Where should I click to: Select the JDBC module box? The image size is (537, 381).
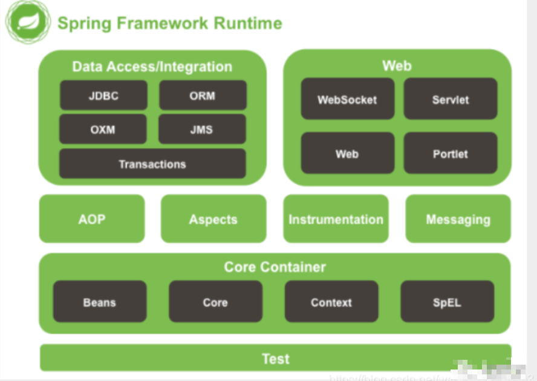(x=103, y=96)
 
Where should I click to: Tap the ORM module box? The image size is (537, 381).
(x=203, y=96)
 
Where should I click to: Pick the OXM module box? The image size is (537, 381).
(x=103, y=130)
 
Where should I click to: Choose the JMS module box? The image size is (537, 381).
(x=202, y=130)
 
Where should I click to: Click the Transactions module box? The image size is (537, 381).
(x=152, y=164)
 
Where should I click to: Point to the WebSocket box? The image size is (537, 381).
(x=347, y=99)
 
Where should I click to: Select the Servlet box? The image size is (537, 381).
(x=451, y=99)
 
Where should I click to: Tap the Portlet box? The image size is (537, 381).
(x=451, y=154)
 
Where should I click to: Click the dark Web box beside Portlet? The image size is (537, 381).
(x=347, y=154)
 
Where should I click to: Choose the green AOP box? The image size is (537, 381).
(x=92, y=219)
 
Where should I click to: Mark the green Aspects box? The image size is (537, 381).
(x=213, y=219)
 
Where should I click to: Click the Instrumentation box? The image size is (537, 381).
(x=336, y=219)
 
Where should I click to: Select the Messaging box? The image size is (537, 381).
(x=458, y=219)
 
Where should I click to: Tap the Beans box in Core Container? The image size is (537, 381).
(x=100, y=302)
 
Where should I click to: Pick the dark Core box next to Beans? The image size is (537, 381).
(x=215, y=302)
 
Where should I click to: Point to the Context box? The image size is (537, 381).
(x=331, y=302)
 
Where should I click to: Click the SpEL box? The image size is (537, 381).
(x=447, y=302)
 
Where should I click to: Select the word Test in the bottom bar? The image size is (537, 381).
(x=275, y=359)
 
